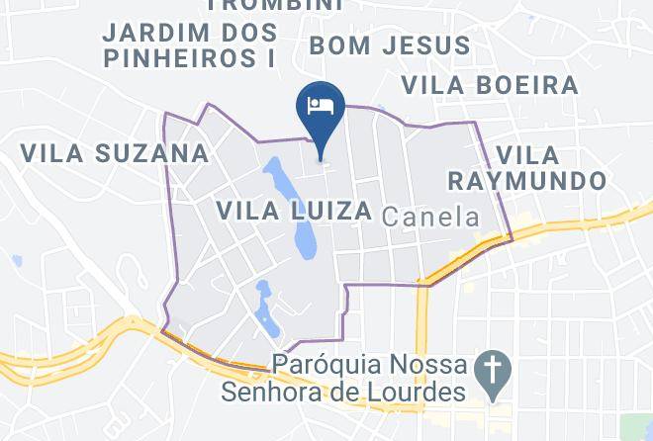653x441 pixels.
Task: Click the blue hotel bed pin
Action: (321, 108)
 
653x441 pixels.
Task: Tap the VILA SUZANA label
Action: (115, 153)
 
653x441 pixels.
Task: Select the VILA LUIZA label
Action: (294, 211)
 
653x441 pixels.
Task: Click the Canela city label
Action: (429, 217)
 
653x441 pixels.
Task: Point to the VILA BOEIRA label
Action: (491, 85)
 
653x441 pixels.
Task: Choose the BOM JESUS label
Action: (390, 45)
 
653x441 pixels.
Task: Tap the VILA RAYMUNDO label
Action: (526, 168)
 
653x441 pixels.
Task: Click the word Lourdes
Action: (415, 394)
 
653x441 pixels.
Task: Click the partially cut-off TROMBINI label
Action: (276, 5)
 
